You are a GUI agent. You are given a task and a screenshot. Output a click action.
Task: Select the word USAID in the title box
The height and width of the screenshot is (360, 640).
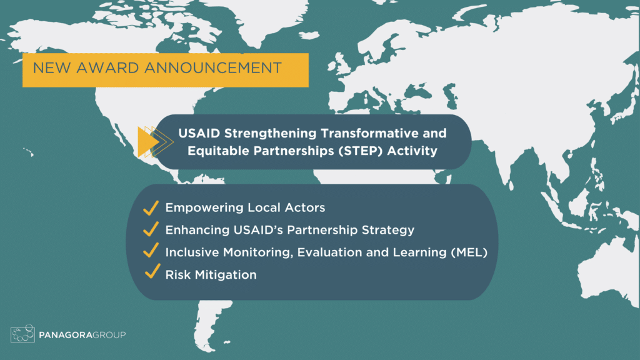(196, 133)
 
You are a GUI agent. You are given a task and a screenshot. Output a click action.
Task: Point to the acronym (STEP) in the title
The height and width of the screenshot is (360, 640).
(367, 151)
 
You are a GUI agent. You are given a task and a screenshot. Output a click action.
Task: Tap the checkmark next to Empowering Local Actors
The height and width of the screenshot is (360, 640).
(150, 207)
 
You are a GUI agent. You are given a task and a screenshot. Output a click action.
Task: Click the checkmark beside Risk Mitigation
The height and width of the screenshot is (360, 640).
(150, 273)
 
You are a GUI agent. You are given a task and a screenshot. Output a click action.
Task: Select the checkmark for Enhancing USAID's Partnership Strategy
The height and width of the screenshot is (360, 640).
(150, 229)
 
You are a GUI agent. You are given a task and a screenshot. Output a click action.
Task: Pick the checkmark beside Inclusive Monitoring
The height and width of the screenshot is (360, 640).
(150, 251)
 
